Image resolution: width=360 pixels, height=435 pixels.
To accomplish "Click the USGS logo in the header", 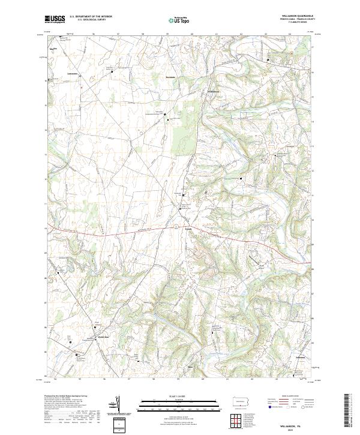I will pos(55,19).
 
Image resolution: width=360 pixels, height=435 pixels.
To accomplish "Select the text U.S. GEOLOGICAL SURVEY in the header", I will pos(90,20).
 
